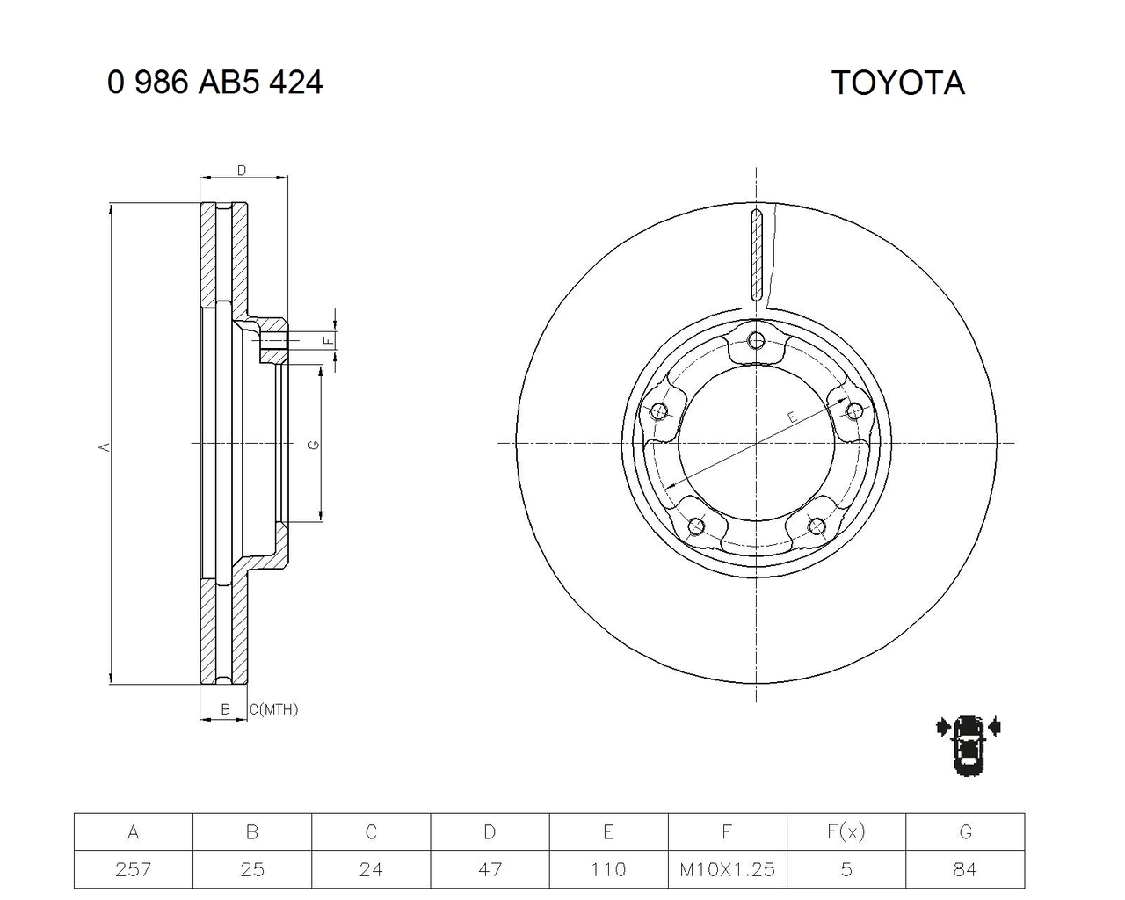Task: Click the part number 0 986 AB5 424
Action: click(x=214, y=83)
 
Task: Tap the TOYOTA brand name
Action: click(x=897, y=83)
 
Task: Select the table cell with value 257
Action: click(x=134, y=869)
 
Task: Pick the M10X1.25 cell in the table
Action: click(x=727, y=869)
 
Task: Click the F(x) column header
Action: click(x=846, y=831)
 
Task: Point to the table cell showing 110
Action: click(x=608, y=869)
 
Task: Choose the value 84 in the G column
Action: click(x=964, y=869)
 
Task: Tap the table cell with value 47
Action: click(x=490, y=869)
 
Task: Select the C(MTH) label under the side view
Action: click(x=273, y=709)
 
